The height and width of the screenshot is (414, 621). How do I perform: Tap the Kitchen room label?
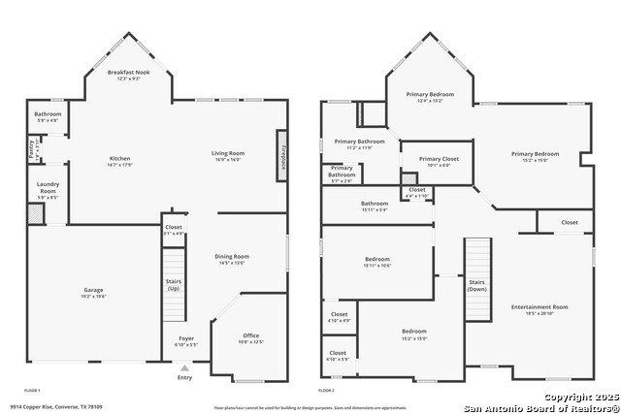pyautogui.click(x=120, y=161)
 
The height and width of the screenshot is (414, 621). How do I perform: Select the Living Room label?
pyautogui.click(x=229, y=155)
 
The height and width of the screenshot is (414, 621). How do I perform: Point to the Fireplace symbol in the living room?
pyautogui.click(x=282, y=155)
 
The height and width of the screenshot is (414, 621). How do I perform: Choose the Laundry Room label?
pyautogui.click(x=48, y=189)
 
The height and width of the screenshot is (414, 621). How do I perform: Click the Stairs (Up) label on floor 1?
pyautogui.click(x=174, y=286)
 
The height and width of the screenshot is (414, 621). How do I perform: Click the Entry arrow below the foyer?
pyautogui.click(x=184, y=367)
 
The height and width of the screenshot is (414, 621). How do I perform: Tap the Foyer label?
pyautogui.click(x=186, y=341)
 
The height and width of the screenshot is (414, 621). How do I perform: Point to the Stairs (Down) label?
pyautogui.click(x=477, y=286)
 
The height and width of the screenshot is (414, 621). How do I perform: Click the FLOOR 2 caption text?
pyautogui.click(x=328, y=389)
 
